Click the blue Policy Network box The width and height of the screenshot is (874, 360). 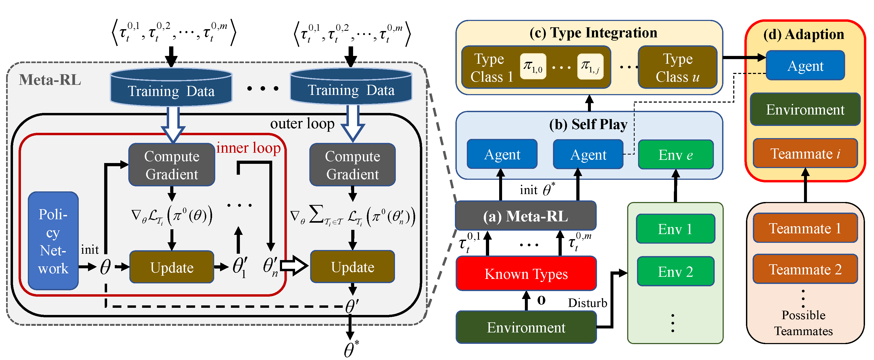(53, 241)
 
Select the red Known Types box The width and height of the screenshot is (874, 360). (526, 274)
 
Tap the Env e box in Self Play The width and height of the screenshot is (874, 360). (675, 155)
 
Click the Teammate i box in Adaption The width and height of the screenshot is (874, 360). (805, 153)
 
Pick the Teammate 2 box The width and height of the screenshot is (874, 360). (805, 269)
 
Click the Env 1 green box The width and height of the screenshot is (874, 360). (675, 229)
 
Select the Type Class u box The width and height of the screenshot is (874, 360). (678, 68)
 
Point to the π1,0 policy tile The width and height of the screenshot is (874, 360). (533, 66)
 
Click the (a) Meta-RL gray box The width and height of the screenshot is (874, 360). (526, 216)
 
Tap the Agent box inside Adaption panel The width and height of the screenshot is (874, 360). (805, 65)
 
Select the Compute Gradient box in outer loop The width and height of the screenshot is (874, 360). (353, 165)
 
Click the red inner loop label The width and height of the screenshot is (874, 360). (248, 148)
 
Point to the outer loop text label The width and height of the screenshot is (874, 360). (302, 124)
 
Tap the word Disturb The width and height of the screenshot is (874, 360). (587, 303)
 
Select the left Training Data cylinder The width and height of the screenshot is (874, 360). (171, 87)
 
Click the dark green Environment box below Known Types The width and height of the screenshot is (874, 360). (526, 327)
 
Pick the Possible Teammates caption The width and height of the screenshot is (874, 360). (803, 323)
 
